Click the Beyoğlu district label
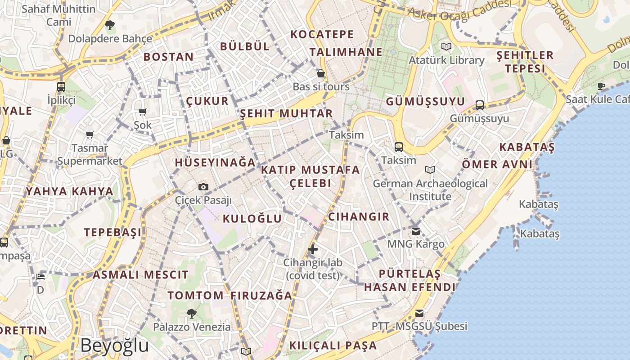(x=114, y=346)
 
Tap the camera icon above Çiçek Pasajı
(x=203, y=187)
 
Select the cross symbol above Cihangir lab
(x=313, y=249)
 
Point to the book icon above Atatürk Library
(x=446, y=46)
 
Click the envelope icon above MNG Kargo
(x=416, y=231)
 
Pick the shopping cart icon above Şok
(x=143, y=112)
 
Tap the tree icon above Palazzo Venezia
(x=192, y=313)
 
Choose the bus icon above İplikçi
(x=61, y=86)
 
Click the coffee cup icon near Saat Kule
(x=601, y=86)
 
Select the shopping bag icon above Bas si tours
(x=321, y=73)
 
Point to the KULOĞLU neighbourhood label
(x=252, y=219)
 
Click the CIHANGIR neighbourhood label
(x=359, y=216)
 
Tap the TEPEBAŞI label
(x=112, y=232)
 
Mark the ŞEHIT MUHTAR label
(x=286, y=113)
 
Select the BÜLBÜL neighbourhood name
(x=245, y=46)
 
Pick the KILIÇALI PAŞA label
(x=333, y=346)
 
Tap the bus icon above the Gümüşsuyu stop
(x=480, y=105)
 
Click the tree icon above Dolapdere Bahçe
(x=109, y=25)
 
